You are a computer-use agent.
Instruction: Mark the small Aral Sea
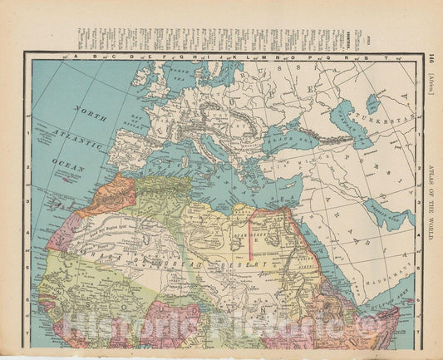pyautogui.click(x=373, y=102)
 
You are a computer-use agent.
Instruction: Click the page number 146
pyautogui.click(x=431, y=57)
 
